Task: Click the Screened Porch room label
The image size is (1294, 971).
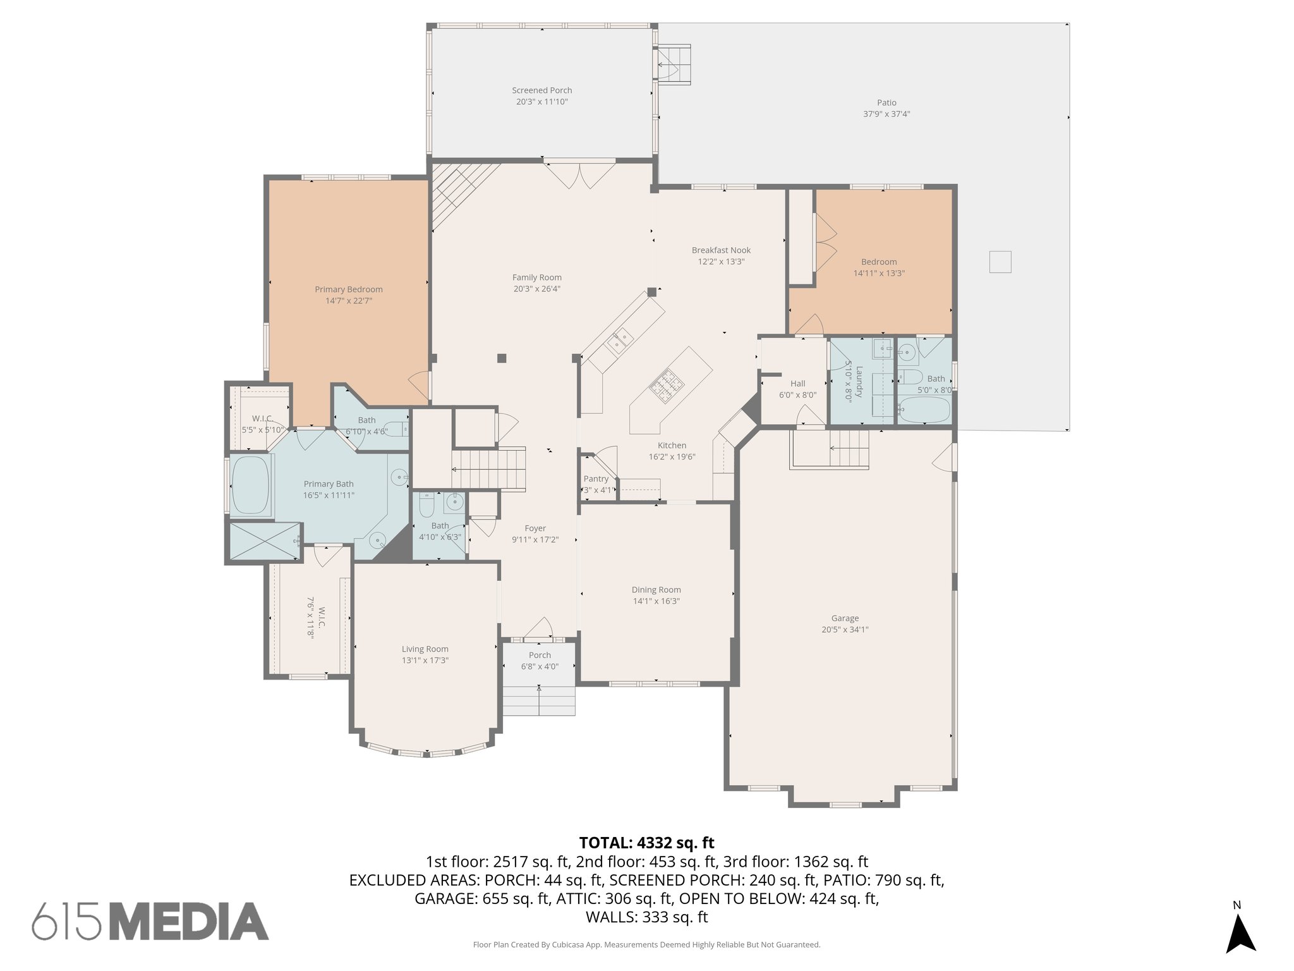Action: click(x=541, y=90)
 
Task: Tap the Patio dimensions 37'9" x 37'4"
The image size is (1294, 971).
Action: click(x=886, y=114)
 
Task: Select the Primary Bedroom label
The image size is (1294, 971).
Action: click(x=348, y=290)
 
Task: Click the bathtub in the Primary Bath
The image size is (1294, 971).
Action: click(x=251, y=485)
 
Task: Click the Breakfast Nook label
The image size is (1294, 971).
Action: click(x=721, y=250)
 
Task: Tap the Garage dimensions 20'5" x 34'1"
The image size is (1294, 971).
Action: click(x=845, y=630)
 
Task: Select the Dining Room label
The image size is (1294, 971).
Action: click(x=656, y=590)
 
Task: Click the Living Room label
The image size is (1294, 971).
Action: click(x=425, y=649)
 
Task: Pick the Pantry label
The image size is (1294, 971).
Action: click(x=596, y=479)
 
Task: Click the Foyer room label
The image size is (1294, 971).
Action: click(x=535, y=528)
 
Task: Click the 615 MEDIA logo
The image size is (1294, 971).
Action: click(x=150, y=921)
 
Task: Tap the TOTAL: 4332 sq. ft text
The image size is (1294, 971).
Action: click(x=646, y=843)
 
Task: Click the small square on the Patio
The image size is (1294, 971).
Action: click(x=1000, y=262)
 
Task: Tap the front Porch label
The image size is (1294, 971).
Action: click(x=540, y=655)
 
